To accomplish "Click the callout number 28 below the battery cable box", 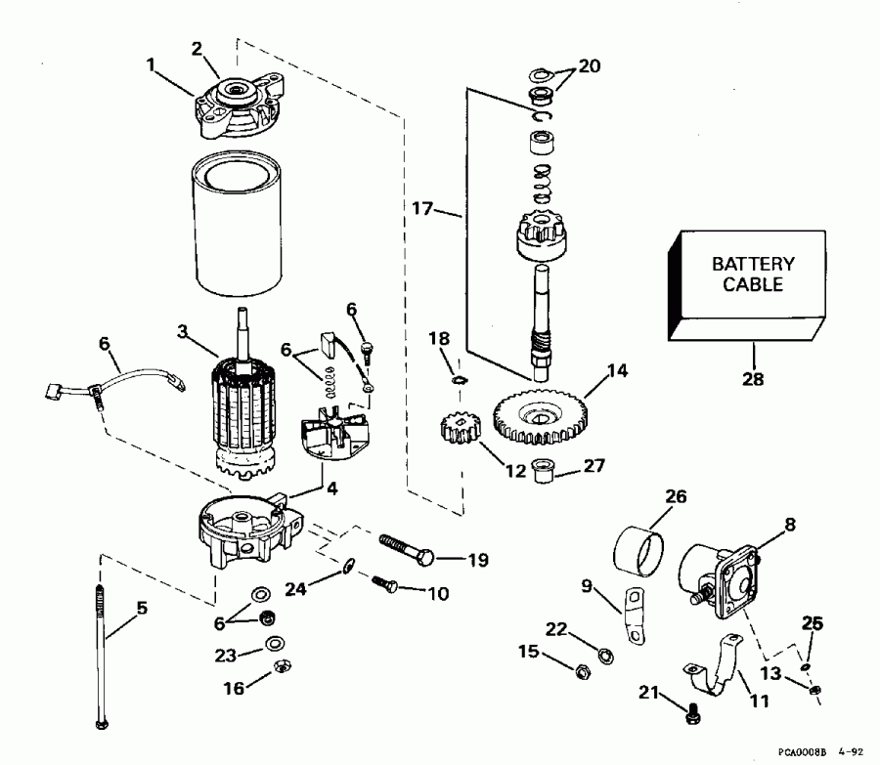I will click(754, 378).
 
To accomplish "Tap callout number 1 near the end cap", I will click(151, 66).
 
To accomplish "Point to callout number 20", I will click(589, 66).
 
